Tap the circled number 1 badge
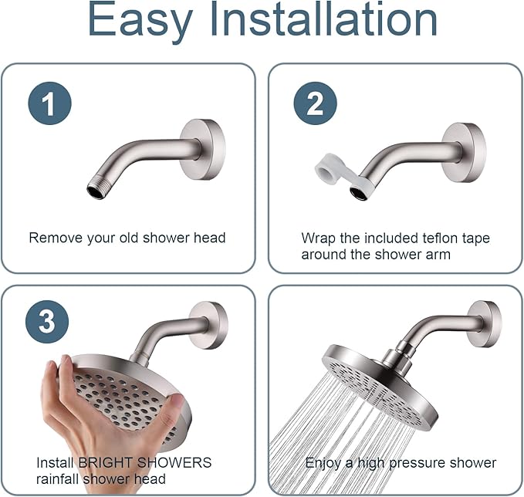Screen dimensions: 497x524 click(49, 103)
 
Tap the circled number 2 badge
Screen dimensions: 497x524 click(315, 103)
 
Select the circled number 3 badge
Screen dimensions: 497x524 click(47, 321)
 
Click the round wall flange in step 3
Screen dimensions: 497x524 click(209, 325)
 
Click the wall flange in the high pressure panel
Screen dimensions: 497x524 click(483, 323)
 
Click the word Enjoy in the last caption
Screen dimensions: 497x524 click(323, 463)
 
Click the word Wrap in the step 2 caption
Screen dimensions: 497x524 click(317, 238)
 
